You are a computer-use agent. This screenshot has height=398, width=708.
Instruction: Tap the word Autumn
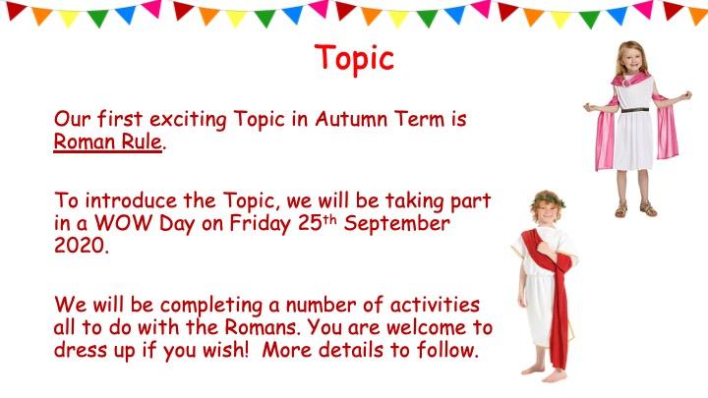pos(351,119)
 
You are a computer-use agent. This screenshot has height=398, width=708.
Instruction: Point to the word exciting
pos(188,120)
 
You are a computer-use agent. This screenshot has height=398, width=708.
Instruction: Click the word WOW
pos(122,223)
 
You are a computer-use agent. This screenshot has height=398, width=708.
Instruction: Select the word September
pos(397,224)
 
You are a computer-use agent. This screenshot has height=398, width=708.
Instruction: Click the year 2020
pos(79,246)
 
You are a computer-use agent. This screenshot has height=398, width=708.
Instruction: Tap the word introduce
pos(131,200)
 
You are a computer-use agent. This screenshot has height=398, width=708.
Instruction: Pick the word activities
pos(435,305)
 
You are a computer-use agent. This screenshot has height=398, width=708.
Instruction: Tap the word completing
pos(210,306)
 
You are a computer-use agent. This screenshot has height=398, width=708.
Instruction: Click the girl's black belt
pos(634,110)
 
